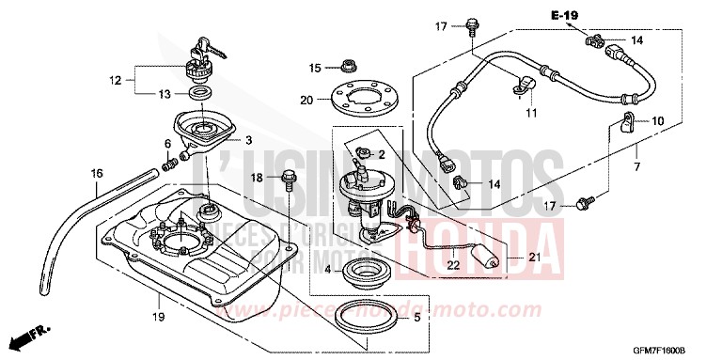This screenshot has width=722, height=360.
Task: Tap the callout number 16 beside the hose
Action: pyautogui.click(x=96, y=174)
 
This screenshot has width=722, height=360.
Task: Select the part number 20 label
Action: pyautogui.click(x=306, y=101)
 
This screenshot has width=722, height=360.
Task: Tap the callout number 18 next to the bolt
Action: pyautogui.click(x=256, y=177)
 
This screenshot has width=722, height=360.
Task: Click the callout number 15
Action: pyautogui.click(x=316, y=68)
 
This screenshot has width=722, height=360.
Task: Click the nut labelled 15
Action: pyautogui.click(x=349, y=67)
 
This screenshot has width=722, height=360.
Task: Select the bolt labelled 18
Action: pyautogui.click(x=287, y=177)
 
